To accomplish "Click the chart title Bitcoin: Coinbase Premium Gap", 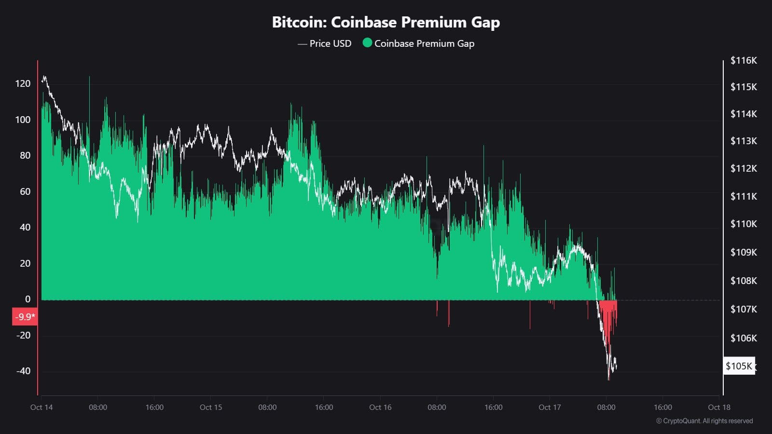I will point(386,22).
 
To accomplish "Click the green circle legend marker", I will point(367,43).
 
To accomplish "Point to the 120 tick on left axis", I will point(23,83).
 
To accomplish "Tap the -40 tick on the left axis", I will point(23,371).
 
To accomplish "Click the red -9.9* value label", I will point(25,317).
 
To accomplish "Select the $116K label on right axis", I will point(744,60).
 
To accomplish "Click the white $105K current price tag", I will point(739,366).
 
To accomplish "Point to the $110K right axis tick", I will point(744,224).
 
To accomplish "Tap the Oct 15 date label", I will point(211,407).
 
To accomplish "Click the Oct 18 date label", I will point(719,407).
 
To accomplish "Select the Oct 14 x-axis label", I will point(41,407).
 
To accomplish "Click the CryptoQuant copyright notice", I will point(704,421).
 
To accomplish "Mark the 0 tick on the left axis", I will point(28,299).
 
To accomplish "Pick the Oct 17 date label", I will point(550,407).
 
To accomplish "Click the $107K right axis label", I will point(744,309).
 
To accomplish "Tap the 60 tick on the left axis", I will point(25,191).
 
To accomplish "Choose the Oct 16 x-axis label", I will point(380,407).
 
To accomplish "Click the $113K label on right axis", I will point(744,141).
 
